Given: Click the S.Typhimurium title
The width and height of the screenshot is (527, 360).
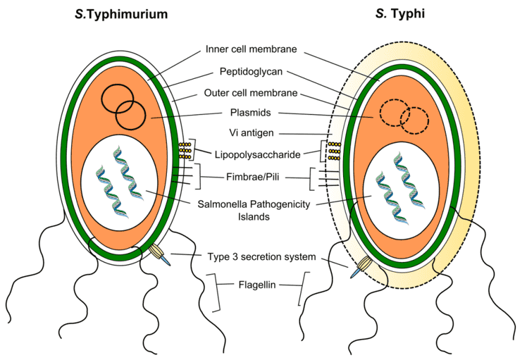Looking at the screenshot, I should click(121, 15).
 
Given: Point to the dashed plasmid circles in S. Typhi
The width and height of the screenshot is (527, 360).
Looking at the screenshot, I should click(404, 113).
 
